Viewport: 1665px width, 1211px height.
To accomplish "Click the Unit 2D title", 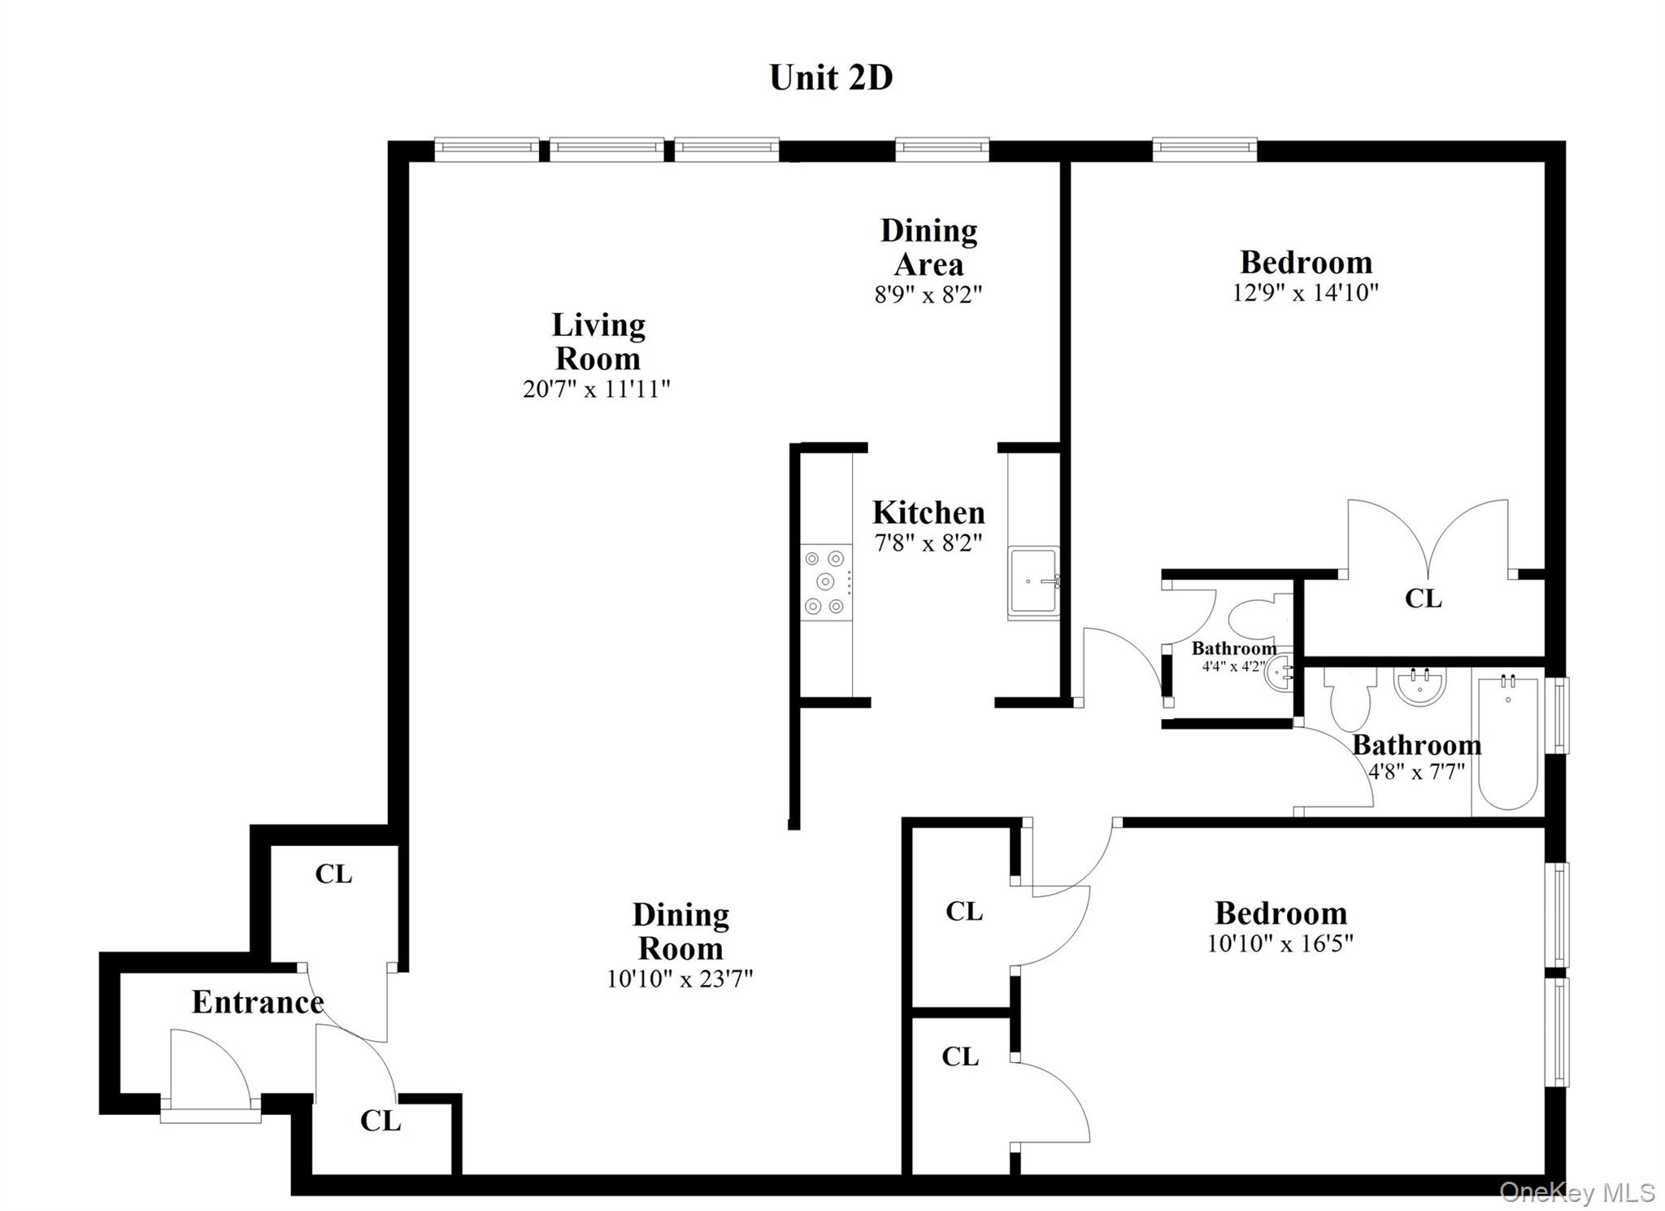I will click(831, 78).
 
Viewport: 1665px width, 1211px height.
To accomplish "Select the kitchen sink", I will click(1033, 582).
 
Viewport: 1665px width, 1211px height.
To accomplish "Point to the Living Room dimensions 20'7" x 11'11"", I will click(596, 389).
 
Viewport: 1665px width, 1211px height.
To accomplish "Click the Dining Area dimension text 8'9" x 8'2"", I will click(928, 294).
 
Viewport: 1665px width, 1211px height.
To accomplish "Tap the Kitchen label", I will click(928, 513).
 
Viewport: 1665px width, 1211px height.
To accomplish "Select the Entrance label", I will click(258, 1002).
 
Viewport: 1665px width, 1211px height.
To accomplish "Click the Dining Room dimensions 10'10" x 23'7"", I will click(680, 978).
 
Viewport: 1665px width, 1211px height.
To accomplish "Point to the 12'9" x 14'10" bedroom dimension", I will click(1305, 292).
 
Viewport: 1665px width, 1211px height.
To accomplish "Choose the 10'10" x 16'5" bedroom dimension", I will click(1280, 943).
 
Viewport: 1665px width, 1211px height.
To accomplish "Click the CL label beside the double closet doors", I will click(1423, 599).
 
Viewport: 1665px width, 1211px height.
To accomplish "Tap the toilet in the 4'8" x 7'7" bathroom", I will click(1349, 700).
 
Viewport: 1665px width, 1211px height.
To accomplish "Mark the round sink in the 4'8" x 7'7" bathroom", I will click(1420, 687).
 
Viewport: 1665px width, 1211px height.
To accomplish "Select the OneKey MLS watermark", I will click(1576, 1192).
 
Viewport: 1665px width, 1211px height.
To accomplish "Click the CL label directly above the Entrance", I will click(333, 874).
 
